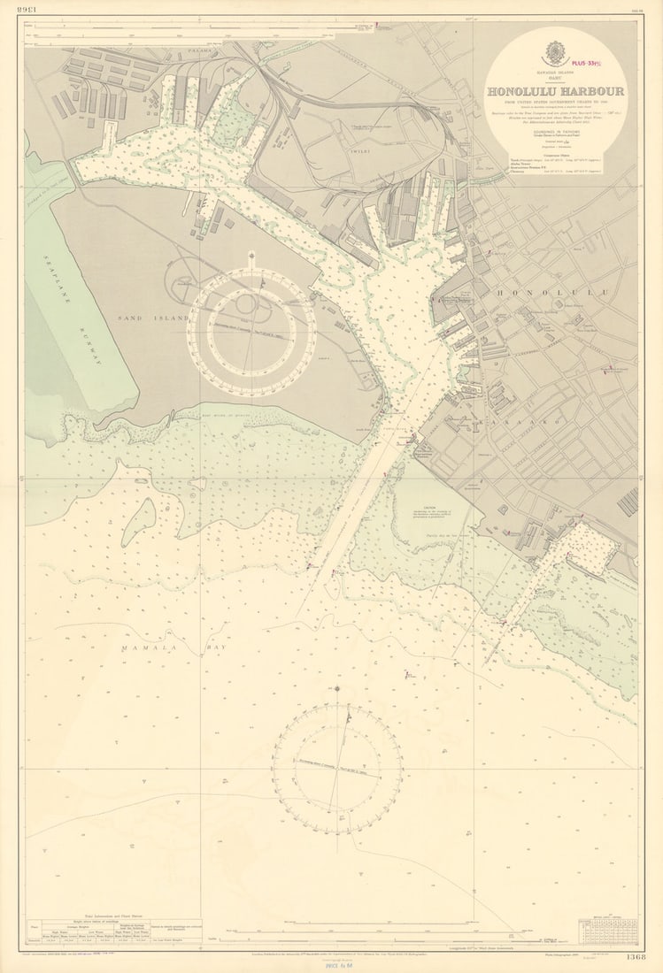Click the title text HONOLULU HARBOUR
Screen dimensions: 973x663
click(554, 91)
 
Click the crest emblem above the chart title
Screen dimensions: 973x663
click(554, 52)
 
